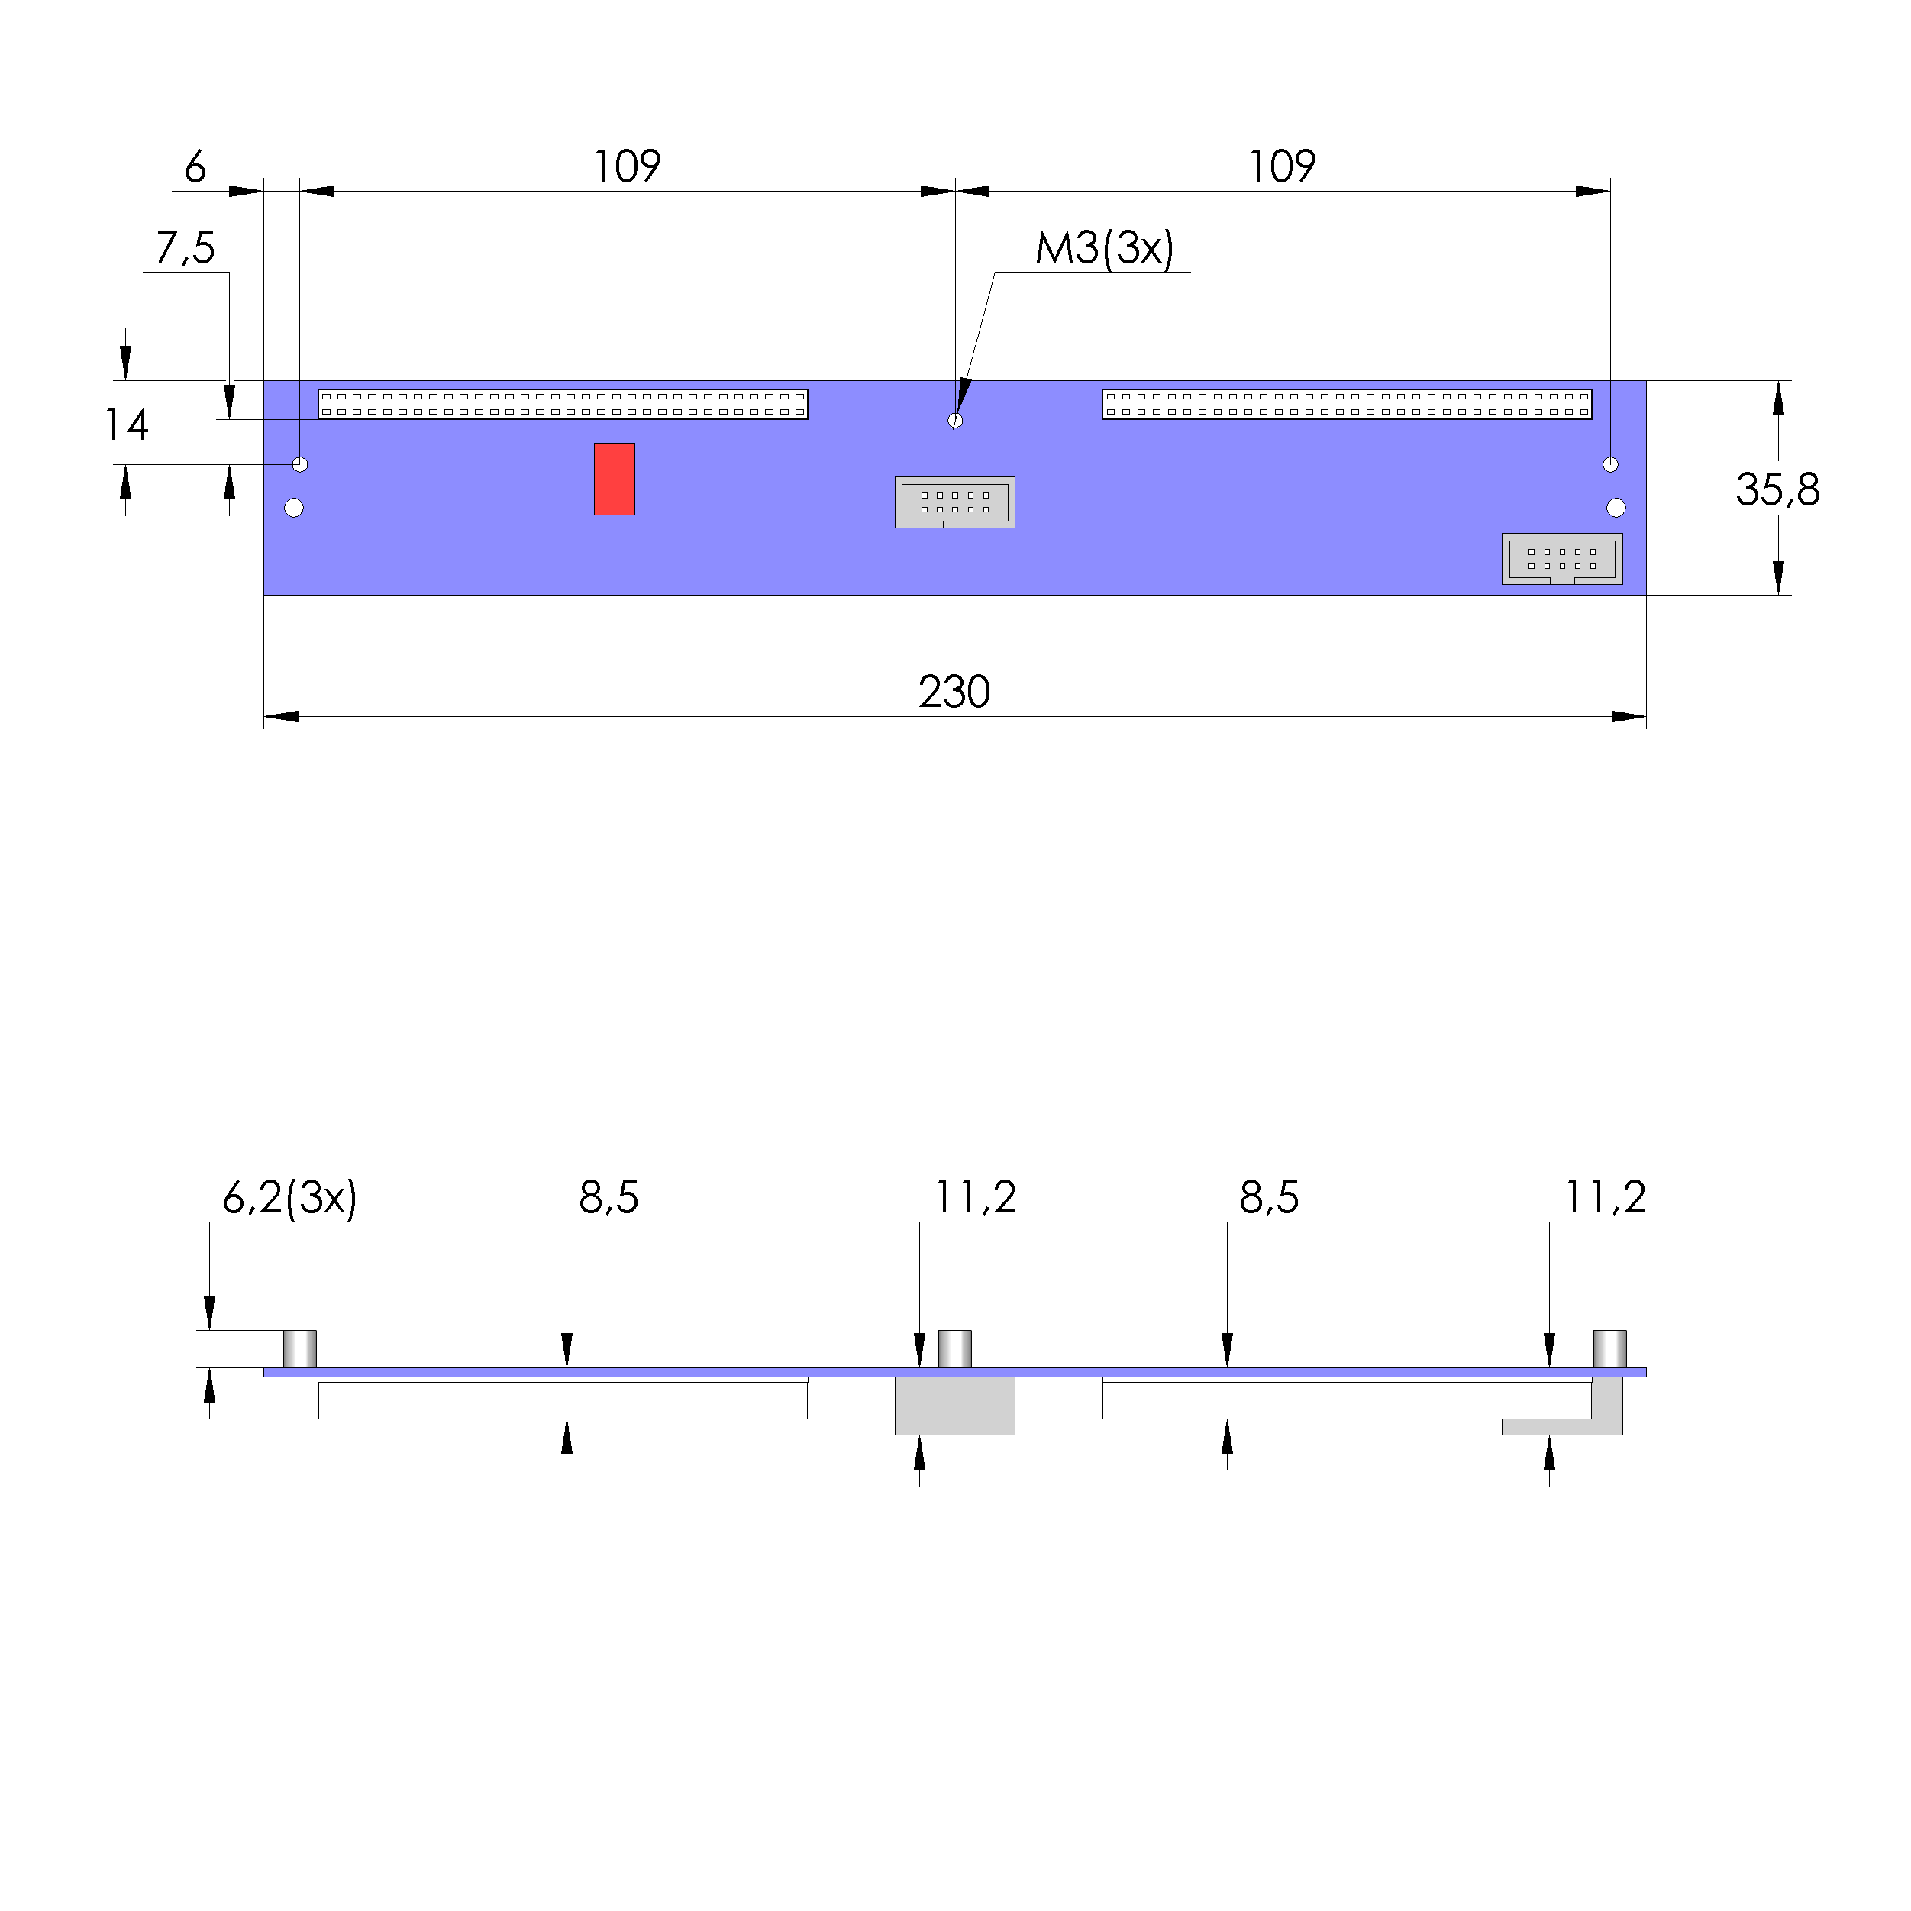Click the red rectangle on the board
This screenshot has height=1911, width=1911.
tap(615, 479)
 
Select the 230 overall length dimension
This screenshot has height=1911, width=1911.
tap(954, 692)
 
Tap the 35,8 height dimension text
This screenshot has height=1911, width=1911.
tap(1777, 489)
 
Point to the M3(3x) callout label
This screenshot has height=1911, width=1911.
tap(1104, 248)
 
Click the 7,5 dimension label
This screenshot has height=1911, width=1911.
tap(185, 247)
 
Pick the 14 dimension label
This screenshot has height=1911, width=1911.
tap(127, 424)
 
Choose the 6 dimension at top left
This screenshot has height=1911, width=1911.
tap(195, 166)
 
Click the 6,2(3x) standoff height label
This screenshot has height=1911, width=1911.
tap(289, 1198)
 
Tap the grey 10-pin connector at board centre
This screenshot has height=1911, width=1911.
tap(954, 502)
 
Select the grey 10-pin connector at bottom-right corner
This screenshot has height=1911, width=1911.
tap(1562, 559)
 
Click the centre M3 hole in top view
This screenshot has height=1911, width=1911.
tap(954, 421)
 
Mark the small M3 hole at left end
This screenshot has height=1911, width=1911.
tap(300, 464)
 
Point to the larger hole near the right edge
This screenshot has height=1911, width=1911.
tap(1616, 508)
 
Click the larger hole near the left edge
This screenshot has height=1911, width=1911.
tap(294, 508)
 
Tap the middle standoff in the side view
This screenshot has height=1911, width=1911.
tap(954, 1349)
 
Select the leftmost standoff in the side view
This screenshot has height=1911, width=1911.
tap(300, 1349)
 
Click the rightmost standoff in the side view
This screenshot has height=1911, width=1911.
tap(1609, 1349)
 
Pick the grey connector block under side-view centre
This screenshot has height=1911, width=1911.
tap(954, 1406)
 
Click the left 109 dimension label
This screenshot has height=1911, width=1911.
tap(626, 166)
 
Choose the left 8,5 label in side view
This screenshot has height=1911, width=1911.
tap(608, 1198)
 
